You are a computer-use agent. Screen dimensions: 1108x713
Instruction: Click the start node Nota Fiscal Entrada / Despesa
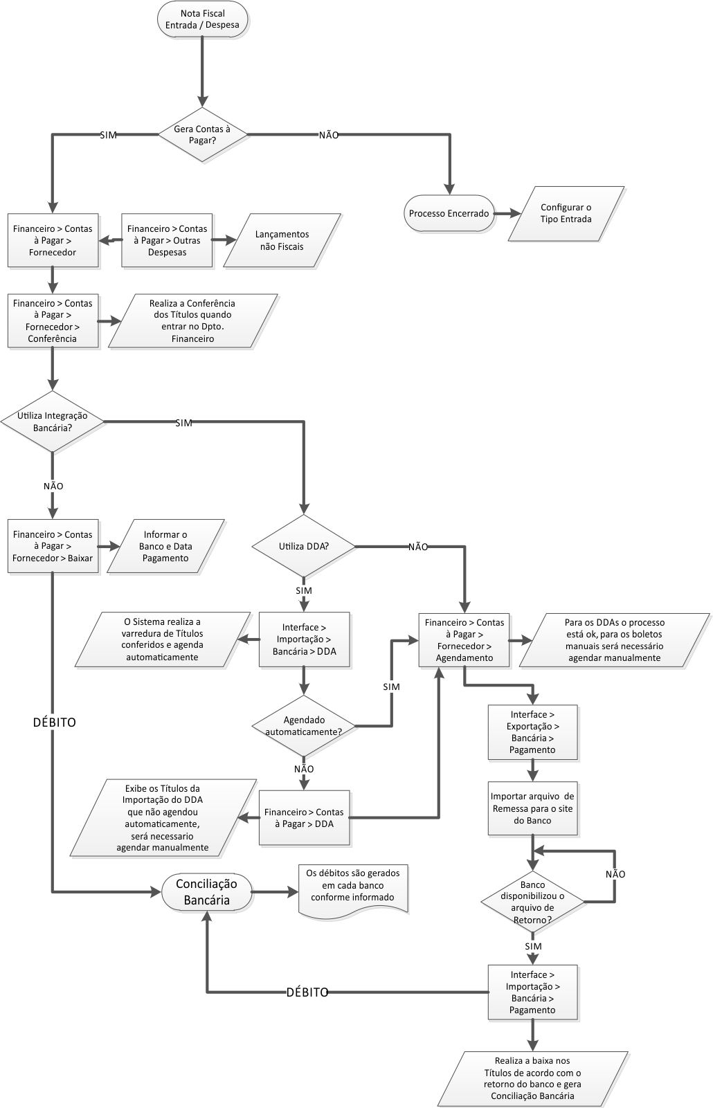[202, 19]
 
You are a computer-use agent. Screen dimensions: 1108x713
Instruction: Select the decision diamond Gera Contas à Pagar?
[202, 134]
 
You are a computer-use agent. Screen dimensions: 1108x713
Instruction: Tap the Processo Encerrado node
[449, 213]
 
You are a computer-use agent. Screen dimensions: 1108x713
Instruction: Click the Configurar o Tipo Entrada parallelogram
[566, 213]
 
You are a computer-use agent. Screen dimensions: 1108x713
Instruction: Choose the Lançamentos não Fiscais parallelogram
[282, 240]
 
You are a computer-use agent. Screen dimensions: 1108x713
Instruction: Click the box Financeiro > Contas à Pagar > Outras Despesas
[167, 240]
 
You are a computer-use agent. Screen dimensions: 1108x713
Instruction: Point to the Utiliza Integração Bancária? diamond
[52, 421]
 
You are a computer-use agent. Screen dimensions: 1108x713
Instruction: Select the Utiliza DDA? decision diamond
[303, 546]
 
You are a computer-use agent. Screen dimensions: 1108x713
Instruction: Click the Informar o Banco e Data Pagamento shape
[165, 546]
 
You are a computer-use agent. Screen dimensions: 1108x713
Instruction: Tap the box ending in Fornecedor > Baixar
[53, 546]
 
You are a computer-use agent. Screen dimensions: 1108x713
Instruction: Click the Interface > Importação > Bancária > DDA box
[304, 639]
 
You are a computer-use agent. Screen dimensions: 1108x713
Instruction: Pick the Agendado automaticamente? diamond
[304, 725]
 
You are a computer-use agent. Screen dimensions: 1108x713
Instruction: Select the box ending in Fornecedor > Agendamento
[464, 640]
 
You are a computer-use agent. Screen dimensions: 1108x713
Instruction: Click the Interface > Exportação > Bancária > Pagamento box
[532, 732]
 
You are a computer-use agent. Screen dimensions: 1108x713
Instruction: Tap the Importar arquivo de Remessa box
[532, 808]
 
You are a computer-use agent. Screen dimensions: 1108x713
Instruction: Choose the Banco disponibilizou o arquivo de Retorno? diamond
[532, 902]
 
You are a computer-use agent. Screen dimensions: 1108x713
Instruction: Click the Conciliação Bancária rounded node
[206, 891]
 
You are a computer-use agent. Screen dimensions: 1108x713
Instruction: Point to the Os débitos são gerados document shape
[352, 889]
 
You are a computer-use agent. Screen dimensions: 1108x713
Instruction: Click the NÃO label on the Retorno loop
[615, 874]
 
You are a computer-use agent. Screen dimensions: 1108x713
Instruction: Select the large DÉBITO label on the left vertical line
[54, 722]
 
